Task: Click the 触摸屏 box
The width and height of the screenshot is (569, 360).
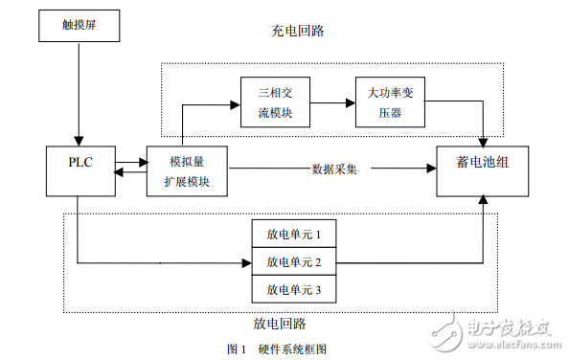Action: pos(80,26)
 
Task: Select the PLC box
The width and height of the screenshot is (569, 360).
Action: pos(80,171)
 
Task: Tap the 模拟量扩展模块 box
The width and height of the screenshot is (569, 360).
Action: pos(187,171)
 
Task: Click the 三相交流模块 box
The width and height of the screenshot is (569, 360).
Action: pos(275,101)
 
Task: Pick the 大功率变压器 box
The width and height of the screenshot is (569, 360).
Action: pos(390,101)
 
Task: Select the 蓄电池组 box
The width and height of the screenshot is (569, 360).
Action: pos(482,171)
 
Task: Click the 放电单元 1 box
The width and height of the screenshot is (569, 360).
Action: pos(294,234)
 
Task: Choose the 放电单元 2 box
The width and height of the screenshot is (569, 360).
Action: pos(294,261)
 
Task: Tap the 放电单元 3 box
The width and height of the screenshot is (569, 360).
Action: pos(294,289)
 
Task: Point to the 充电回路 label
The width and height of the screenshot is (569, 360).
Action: pos(298,31)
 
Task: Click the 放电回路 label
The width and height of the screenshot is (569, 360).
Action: pos(280,324)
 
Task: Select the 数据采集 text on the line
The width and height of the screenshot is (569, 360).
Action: pos(334,169)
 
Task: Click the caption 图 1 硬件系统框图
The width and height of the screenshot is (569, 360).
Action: pos(277,349)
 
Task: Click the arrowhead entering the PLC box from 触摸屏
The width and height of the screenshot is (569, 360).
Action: pos(79,141)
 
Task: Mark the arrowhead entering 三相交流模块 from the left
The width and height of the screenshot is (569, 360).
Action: pos(235,105)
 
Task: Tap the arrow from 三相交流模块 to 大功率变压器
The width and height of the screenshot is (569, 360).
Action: pos(332,103)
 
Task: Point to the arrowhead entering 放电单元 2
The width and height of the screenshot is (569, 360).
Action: pos(247,263)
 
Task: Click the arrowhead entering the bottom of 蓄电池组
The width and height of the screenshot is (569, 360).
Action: pos(483,199)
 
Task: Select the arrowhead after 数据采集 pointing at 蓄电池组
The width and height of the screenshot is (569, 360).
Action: pos(431,169)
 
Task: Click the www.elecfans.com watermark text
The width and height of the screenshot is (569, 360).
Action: pos(514,344)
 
